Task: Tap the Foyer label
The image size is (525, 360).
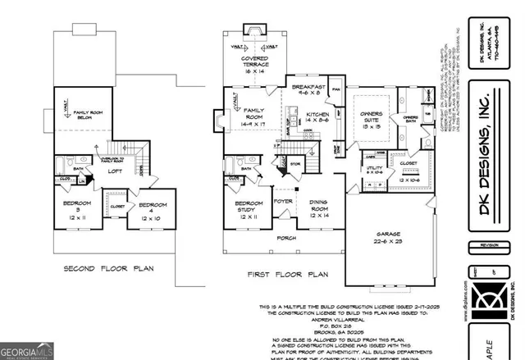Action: [283, 199]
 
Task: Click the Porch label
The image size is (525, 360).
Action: [286, 239]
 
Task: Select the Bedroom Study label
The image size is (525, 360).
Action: [249, 210]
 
